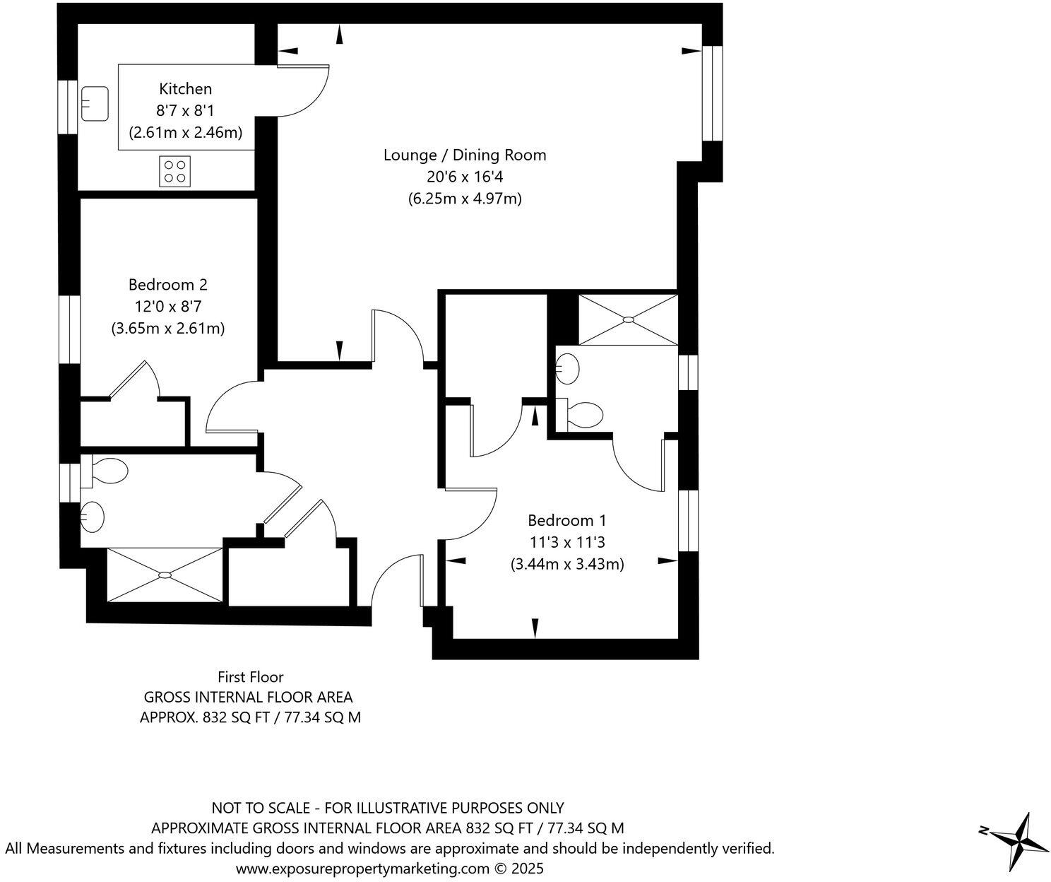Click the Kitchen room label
click(185, 89)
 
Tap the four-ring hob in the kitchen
click(175, 171)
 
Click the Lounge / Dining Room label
click(465, 155)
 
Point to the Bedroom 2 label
click(168, 285)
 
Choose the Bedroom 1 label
click(566, 521)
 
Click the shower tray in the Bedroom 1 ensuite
click(627, 320)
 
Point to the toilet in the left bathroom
click(106, 469)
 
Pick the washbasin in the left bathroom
click(92, 516)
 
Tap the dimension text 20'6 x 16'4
click(465, 177)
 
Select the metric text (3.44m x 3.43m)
click(566, 565)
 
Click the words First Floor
click(251, 677)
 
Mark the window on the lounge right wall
click(712, 94)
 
